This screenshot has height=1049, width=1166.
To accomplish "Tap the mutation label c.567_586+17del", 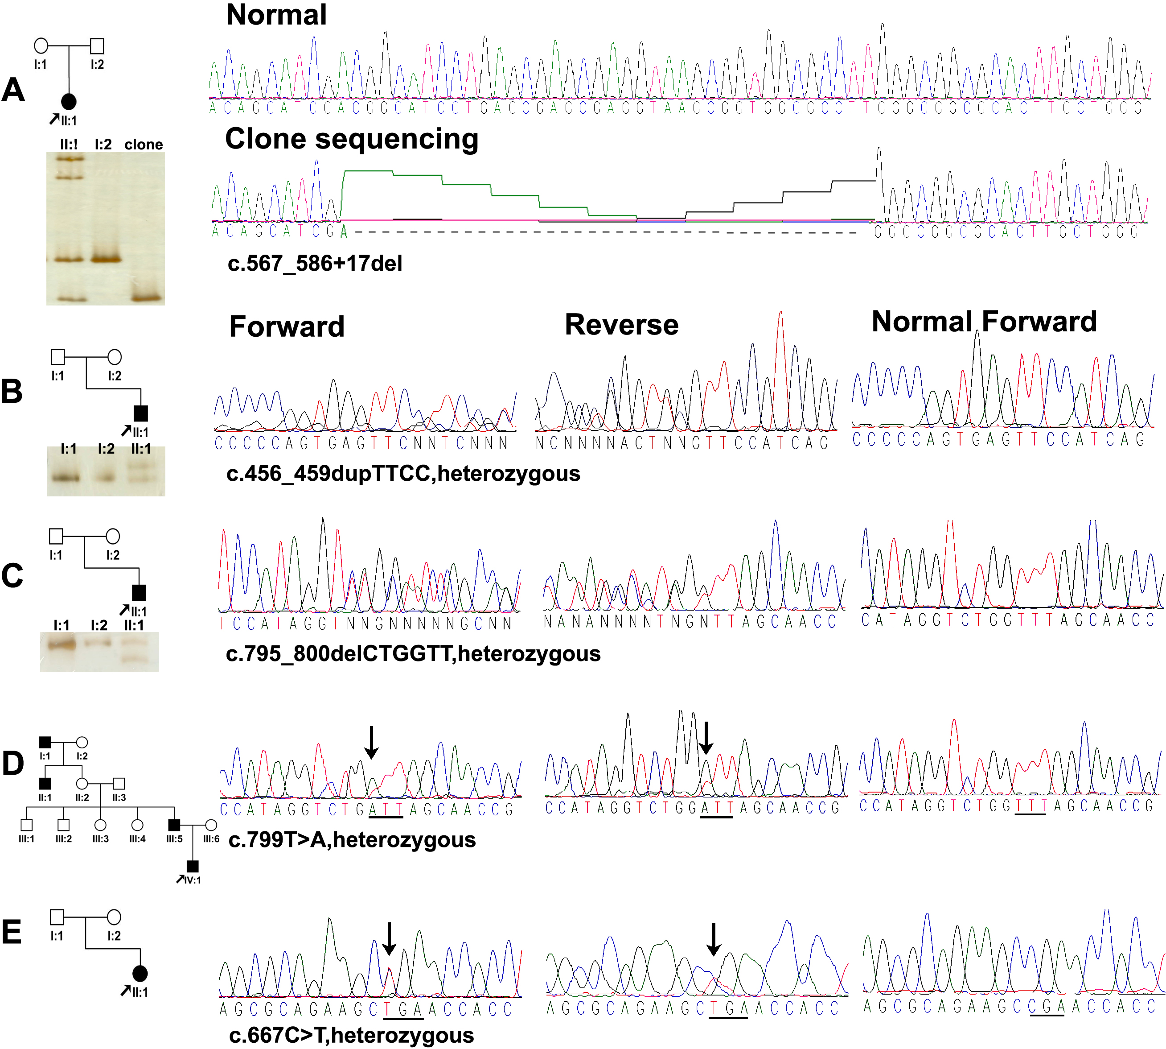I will coord(315,264).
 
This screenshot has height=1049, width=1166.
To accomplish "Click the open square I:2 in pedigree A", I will coord(97,45).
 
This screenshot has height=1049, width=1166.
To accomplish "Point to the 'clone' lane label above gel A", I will coord(144,144).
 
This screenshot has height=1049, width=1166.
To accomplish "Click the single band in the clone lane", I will coord(144,297).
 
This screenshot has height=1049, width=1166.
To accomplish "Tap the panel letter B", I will coord(12,391).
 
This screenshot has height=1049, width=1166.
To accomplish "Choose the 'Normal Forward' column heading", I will coord(984,322).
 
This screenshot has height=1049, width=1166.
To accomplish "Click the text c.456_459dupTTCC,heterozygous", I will coord(403,474).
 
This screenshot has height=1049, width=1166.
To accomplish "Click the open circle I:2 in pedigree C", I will coord(113,537).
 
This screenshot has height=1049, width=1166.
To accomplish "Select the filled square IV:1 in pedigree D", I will coord(193,866).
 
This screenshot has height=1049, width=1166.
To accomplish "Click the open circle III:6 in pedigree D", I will coord(211,826).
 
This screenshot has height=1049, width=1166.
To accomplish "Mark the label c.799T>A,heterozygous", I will coord(352,840).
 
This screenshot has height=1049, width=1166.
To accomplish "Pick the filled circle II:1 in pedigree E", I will coord(140,974).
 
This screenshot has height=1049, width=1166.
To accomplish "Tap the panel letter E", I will coord(12,933).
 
